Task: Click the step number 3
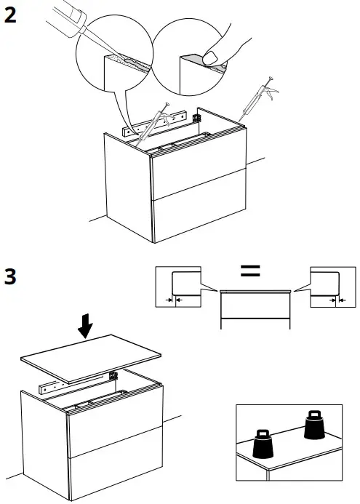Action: pos(11,277)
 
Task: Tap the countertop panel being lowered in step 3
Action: pos(91,357)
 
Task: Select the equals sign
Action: pos(250,272)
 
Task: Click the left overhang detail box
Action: pos(178,289)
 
